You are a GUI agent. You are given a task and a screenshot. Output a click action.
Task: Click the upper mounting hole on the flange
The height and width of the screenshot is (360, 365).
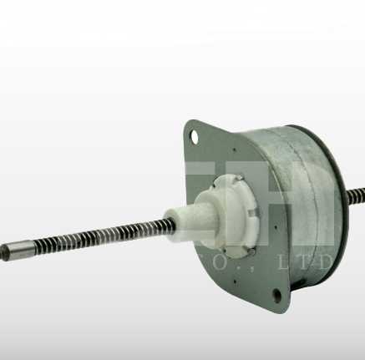195,134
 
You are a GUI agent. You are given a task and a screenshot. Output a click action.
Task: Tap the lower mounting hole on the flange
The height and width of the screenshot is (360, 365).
276,295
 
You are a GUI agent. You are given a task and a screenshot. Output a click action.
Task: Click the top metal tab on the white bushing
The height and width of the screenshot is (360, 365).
236,177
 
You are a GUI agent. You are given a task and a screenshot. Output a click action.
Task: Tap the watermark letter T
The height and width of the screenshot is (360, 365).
317,265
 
